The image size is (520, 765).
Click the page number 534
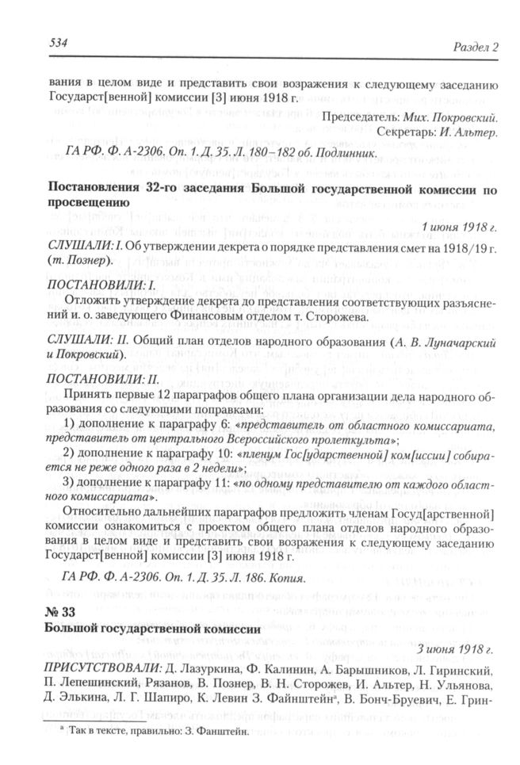[x=36, y=44]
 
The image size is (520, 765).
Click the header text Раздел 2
[x=474, y=45]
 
